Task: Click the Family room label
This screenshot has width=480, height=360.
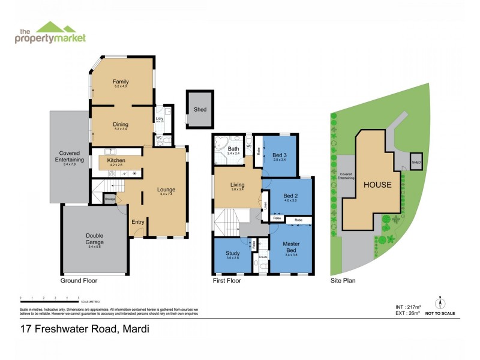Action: (121, 82)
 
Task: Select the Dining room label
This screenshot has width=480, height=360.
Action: (121, 125)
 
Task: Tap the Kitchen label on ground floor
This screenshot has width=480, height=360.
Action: (115, 161)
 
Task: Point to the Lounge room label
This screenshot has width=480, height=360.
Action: (166, 190)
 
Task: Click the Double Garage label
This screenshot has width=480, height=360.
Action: (94, 239)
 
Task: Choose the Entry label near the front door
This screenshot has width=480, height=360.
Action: (138, 222)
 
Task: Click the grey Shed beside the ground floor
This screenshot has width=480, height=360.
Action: (200, 109)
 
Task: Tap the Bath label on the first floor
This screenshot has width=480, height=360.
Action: (233, 149)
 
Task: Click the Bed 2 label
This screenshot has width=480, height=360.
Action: (290, 196)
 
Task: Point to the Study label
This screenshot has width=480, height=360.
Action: (232, 253)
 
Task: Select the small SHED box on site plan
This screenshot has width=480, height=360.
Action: (416, 161)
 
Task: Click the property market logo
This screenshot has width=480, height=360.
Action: (50, 33)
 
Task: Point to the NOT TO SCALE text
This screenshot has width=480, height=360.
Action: (440, 313)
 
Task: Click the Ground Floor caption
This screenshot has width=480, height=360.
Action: (79, 280)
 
